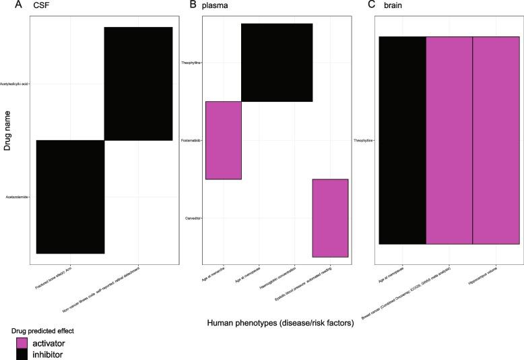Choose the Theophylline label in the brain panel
tap(364, 140)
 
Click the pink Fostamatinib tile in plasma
tap(223, 140)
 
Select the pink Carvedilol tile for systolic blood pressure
tap(330, 218)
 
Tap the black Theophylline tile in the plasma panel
tap(277, 63)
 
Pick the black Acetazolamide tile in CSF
tap(70, 197)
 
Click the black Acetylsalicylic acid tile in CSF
tap(138, 84)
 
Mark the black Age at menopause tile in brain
tap(402, 140)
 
